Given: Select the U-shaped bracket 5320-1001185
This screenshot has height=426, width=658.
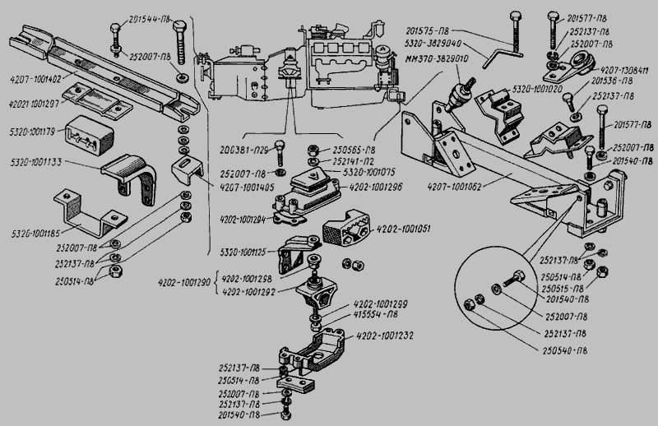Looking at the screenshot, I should pyautogui.click(x=79, y=212).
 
